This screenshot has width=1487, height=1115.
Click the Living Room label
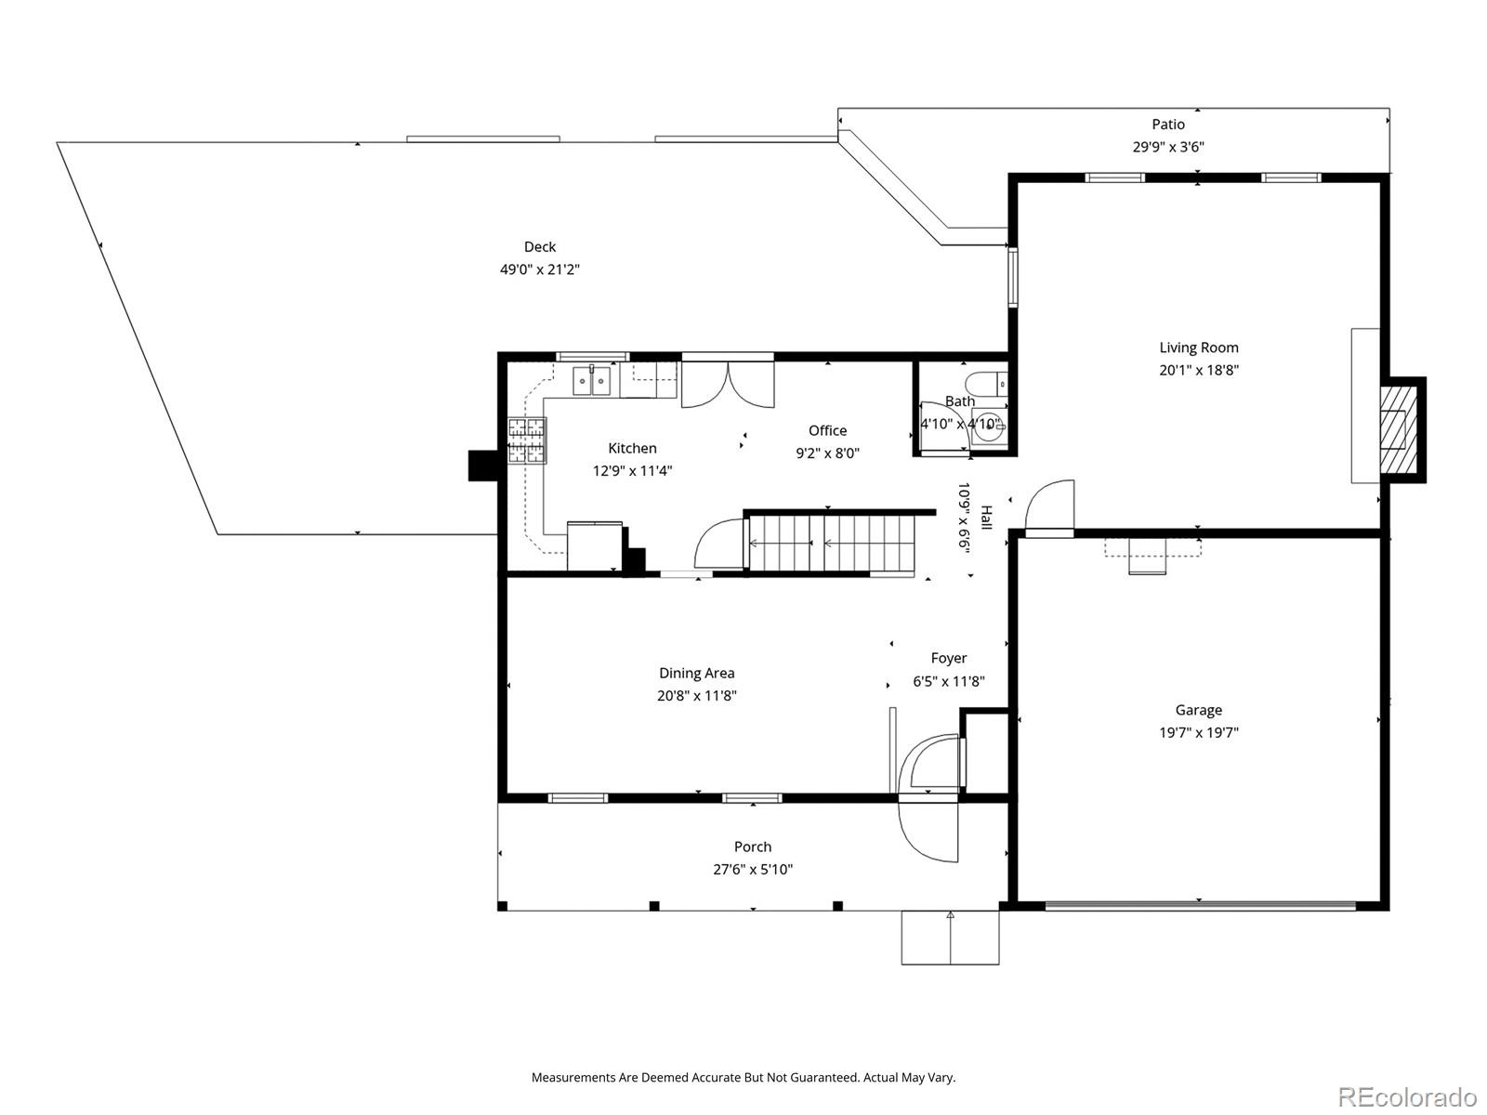pos(1198,348)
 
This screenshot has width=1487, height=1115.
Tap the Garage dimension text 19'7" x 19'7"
pos(1198,732)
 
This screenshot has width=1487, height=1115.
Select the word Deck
pos(540,246)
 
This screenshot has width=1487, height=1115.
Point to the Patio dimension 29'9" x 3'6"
pos(1168,146)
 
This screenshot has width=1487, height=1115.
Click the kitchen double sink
pos(591,380)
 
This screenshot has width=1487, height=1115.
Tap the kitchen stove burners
pos(527,440)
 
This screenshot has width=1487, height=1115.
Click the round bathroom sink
pos(990,426)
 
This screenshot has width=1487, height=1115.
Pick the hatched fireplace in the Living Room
pos(1399,429)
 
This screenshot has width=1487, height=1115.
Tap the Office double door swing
pos(728,385)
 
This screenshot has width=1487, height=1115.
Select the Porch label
pos(753,846)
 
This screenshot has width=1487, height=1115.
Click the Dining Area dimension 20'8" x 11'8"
pos(696,695)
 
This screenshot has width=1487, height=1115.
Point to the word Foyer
pos(949,658)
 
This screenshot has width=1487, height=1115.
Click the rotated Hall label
pos(986,518)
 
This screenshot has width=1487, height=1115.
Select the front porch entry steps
pos(950,937)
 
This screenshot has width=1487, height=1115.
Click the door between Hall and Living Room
pos(1049,507)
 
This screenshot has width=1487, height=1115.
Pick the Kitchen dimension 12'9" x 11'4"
pos(632,470)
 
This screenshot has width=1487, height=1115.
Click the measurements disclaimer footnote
pos(743,1077)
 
